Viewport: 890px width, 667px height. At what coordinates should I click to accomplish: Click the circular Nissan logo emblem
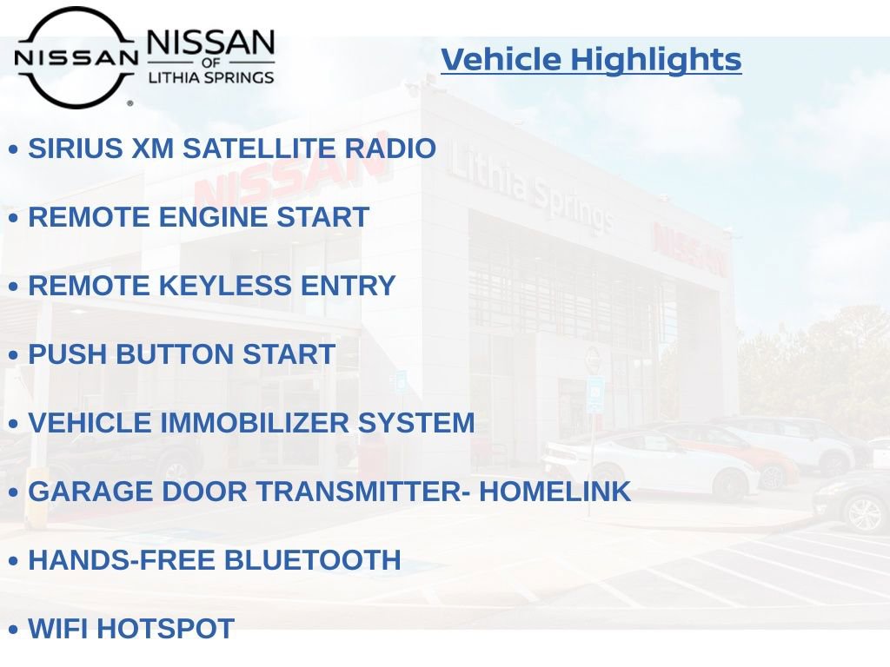(x=76, y=57)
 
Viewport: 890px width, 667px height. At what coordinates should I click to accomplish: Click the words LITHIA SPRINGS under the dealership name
(x=211, y=78)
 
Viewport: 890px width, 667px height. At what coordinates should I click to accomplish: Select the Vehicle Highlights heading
(x=591, y=59)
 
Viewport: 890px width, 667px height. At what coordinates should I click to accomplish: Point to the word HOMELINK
(x=555, y=492)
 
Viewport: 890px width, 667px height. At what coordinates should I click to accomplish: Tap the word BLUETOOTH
(x=313, y=560)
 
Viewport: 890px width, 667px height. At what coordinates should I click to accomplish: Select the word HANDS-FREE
(x=122, y=560)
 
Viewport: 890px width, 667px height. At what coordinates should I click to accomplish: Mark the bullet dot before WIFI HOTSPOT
(x=13, y=630)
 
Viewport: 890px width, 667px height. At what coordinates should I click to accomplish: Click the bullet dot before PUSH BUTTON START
(x=13, y=355)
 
